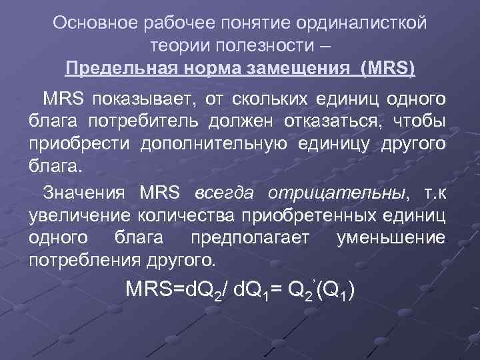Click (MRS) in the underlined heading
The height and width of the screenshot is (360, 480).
pos(387,69)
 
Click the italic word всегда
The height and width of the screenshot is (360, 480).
pos(226,193)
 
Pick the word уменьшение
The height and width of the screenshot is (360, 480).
pos(391,238)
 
